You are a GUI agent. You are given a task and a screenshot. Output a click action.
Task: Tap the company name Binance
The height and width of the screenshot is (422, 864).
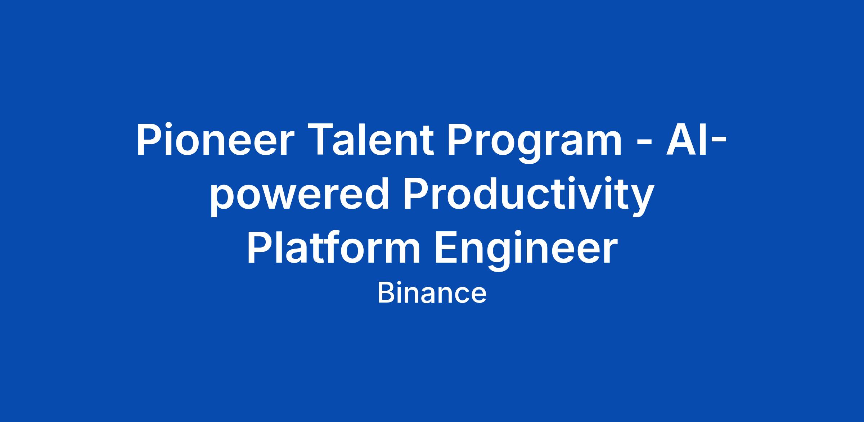432,294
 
